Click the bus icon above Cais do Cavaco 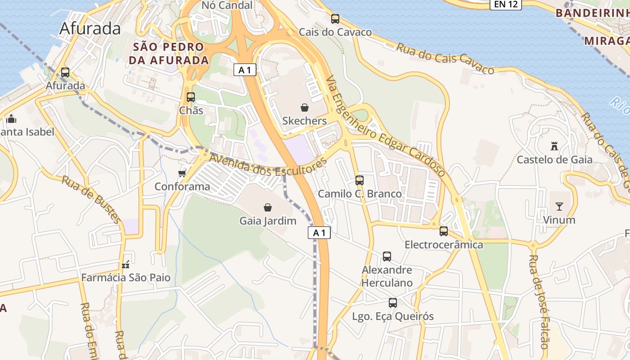[335, 19]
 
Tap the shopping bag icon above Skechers [305, 108]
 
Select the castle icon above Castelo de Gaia [554, 146]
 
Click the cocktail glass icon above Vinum [559, 207]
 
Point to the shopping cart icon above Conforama [182, 173]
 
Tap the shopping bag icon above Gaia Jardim [268, 207]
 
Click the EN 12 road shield [505, 4]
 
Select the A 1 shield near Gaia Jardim [319, 233]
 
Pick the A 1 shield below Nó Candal [245, 70]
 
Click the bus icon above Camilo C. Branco [360, 180]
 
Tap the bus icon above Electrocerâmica [444, 231]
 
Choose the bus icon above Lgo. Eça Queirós [393, 303]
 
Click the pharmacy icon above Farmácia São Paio [126, 264]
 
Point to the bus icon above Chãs [191, 97]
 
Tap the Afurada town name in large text [90, 28]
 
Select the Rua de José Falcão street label [539, 301]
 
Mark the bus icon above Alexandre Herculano [387, 256]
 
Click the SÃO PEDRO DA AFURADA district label [169, 53]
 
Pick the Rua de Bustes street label [92, 199]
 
